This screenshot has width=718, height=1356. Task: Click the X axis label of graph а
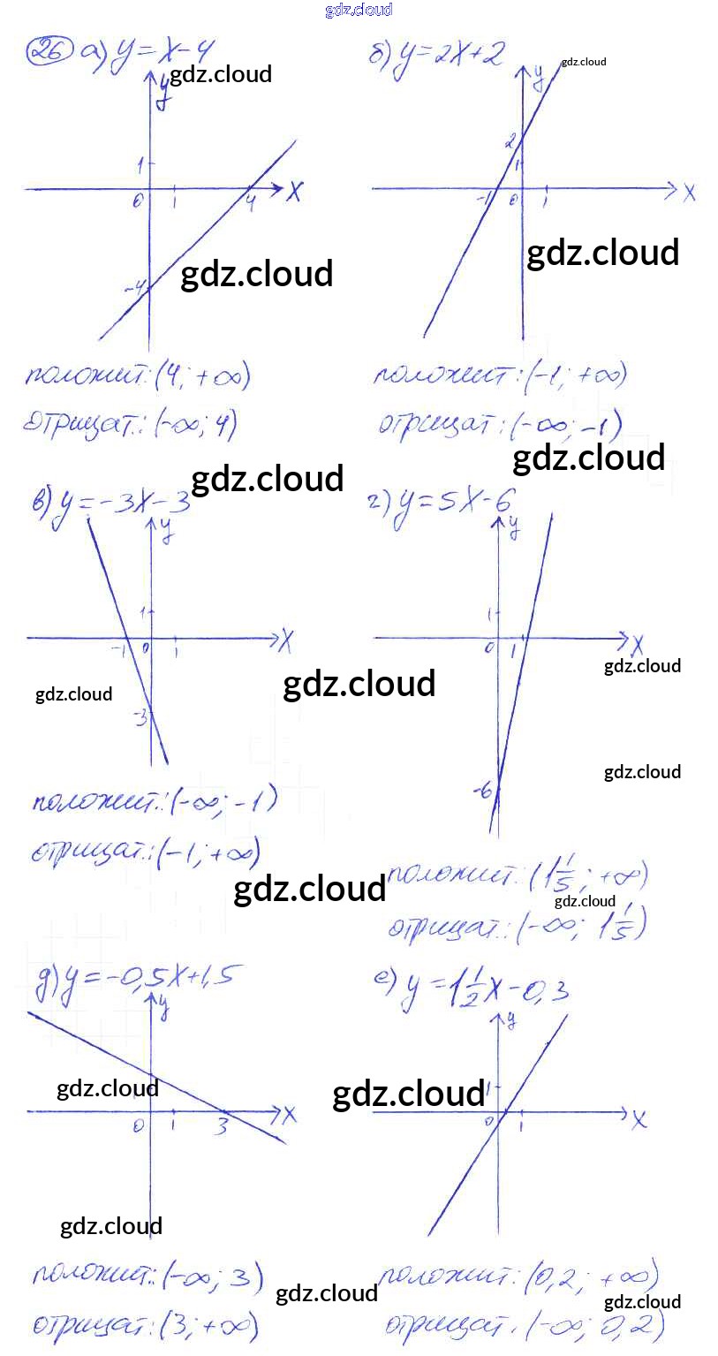tap(294, 192)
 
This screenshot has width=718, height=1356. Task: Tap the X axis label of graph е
tap(639, 1120)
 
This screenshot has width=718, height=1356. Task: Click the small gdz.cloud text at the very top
tap(359, 10)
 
